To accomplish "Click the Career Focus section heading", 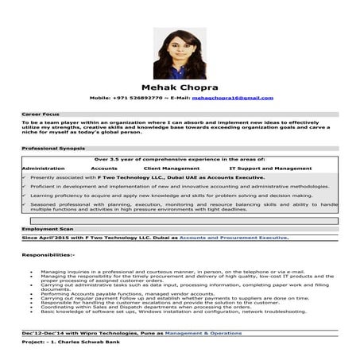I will click(x=41, y=114).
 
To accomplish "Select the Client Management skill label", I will click(x=172, y=168).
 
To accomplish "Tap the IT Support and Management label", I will click(x=270, y=168).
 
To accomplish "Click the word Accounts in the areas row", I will click(x=104, y=168).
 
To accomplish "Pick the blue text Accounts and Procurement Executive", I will click(x=234, y=238).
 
